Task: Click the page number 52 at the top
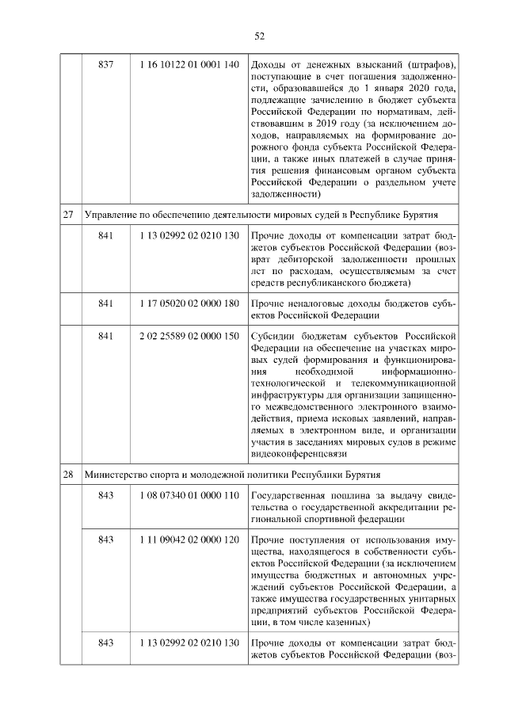[259, 36]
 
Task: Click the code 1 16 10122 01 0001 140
[189, 64]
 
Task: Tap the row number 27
[68, 215]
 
